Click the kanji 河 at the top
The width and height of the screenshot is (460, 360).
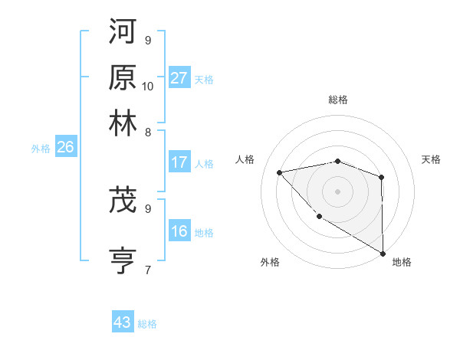pyautogui.click(x=123, y=31)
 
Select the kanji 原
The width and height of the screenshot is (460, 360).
pyautogui.click(x=123, y=77)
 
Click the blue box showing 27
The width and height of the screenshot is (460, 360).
pyautogui.click(x=179, y=77)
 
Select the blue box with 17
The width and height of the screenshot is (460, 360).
pyautogui.click(x=179, y=162)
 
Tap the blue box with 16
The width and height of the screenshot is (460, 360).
pyautogui.click(x=179, y=232)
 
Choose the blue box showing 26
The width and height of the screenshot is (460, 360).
pyautogui.click(x=65, y=148)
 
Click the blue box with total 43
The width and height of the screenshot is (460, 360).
pyautogui.click(x=123, y=322)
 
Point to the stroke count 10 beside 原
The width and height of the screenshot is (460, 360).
pyautogui.click(x=148, y=86)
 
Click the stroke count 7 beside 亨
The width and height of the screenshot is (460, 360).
pyautogui.click(x=148, y=270)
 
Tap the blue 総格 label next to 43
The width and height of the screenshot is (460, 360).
pyautogui.click(x=147, y=324)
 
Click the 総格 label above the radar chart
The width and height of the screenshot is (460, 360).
pyautogui.click(x=338, y=100)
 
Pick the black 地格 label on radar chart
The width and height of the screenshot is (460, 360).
pyautogui.click(x=402, y=263)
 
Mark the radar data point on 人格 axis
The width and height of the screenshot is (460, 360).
pyautogui.click(x=280, y=172)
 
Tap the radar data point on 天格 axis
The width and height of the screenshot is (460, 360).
pyautogui.click(x=381, y=178)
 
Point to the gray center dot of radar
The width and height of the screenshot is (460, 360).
pyautogui.click(x=337, y=191)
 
